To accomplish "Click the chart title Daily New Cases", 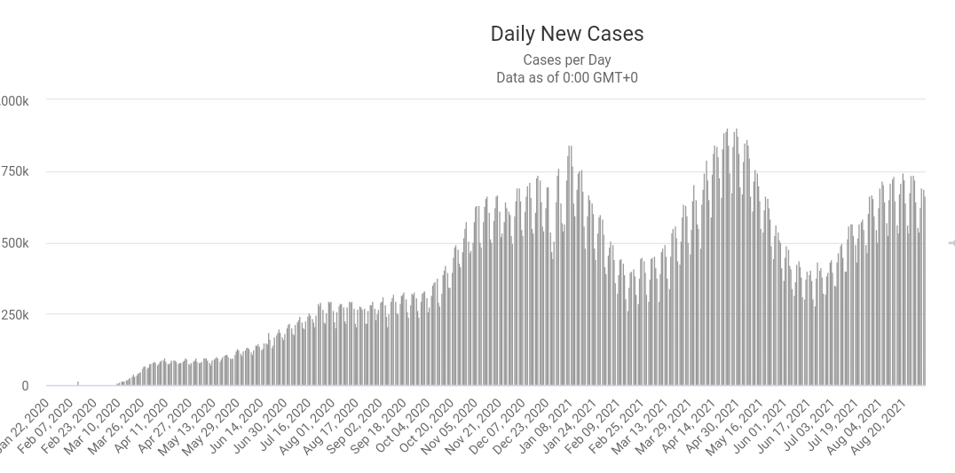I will tap(566, 34).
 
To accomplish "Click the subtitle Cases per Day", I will tap(566, 60).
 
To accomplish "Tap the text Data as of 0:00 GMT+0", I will tap(566, 77).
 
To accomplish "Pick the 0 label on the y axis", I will tap(25, 386).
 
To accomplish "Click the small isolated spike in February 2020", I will tap(78, 383).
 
